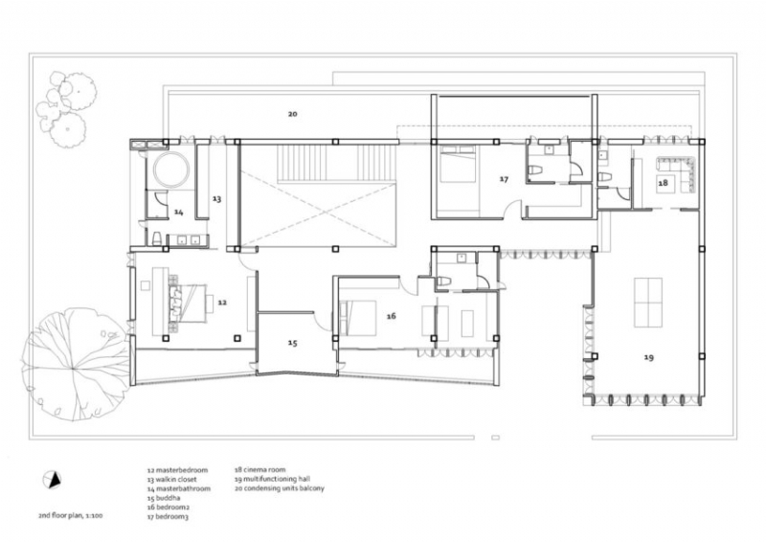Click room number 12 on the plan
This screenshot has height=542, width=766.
[x=221, y=302]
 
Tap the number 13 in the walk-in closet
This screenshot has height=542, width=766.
[x=216, y=199]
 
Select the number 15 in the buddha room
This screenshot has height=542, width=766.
[x=292, y=343]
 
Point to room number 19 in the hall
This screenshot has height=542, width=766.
[x=648, y=357]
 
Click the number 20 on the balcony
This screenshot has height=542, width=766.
[x=292, y=114]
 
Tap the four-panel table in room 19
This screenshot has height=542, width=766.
[x=648, y=302]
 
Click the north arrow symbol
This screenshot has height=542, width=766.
[x=54, y=480]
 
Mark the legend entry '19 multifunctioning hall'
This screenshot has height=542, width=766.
[x=277, y=480]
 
